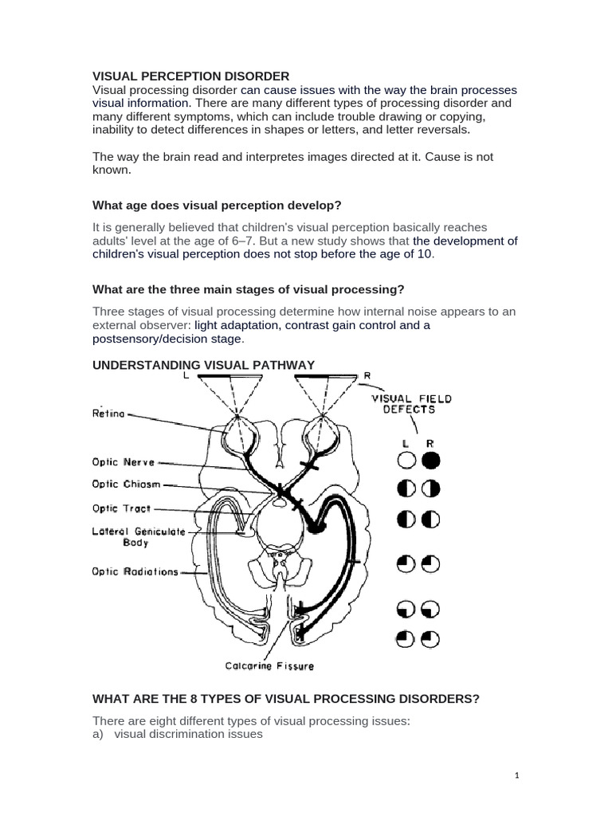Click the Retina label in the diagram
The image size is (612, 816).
click(108, 414)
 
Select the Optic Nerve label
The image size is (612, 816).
click(122, 461)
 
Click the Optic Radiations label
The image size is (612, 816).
click(135, 571)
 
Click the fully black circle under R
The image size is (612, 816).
click(431, 460)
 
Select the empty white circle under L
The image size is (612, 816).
click(406, 460)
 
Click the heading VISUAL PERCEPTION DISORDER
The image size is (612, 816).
click(191, 76)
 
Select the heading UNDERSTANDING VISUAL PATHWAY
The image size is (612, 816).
click(204, 364)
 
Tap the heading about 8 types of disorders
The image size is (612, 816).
click(286, 699)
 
